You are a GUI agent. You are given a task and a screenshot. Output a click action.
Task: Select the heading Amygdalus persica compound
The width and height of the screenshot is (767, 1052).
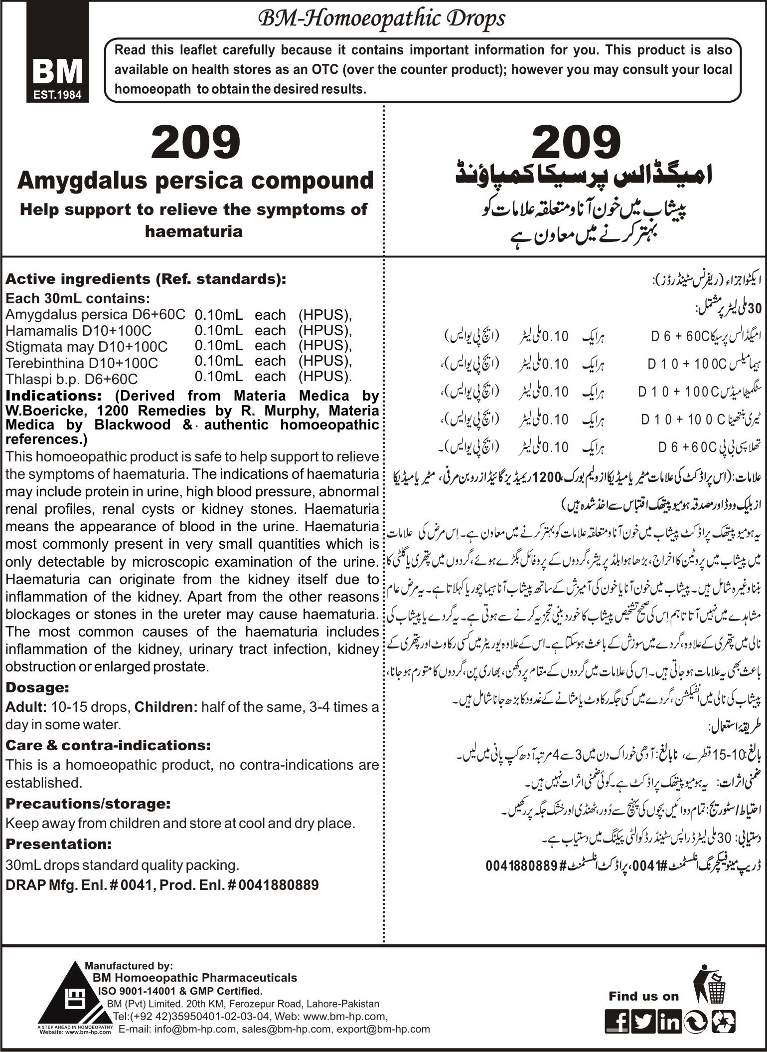pos(195,180)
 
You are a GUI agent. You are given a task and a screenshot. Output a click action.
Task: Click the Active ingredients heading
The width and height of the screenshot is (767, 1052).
pos(146,279)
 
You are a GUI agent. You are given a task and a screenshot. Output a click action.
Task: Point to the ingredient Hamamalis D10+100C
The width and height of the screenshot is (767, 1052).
pos(78,331)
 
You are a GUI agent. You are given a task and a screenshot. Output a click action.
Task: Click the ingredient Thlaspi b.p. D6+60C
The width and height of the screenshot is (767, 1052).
pos(71,379)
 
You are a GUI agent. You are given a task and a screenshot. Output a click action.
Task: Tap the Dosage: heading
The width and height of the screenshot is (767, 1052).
pos(37,687)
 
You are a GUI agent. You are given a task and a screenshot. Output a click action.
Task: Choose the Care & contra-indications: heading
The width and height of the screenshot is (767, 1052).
pos(108,745)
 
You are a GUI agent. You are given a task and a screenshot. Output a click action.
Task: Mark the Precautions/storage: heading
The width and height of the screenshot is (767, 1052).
pos(88,804)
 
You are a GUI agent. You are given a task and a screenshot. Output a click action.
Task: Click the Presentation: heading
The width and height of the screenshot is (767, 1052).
pos(58,844)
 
